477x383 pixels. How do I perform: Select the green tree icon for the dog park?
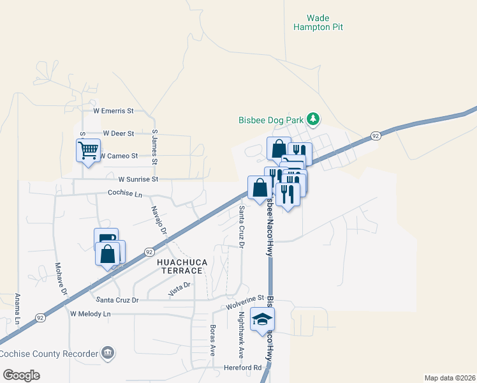(313, 119)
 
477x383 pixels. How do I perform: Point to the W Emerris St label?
(114, 110)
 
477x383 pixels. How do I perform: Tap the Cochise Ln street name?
(123, 192)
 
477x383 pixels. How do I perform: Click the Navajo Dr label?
(159, 220)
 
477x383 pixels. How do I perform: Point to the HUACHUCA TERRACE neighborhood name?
(179, 266)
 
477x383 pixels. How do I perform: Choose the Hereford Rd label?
(243, 368)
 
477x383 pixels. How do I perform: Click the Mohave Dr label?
(61, 278)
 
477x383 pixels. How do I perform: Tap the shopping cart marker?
(87, 151)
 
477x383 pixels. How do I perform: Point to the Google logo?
(22, 375)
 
